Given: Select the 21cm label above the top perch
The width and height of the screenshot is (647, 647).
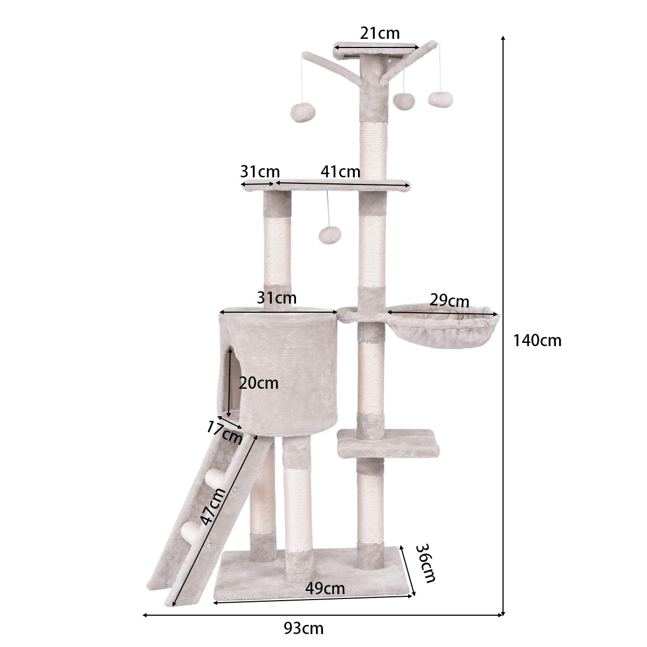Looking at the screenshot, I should pos(380,33).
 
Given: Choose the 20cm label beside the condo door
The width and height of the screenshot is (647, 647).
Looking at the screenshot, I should pos(259,383).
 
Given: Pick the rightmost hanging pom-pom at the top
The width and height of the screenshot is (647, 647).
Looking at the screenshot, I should pos(441,98).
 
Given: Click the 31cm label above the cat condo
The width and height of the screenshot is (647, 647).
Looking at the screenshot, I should pos(277,297).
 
